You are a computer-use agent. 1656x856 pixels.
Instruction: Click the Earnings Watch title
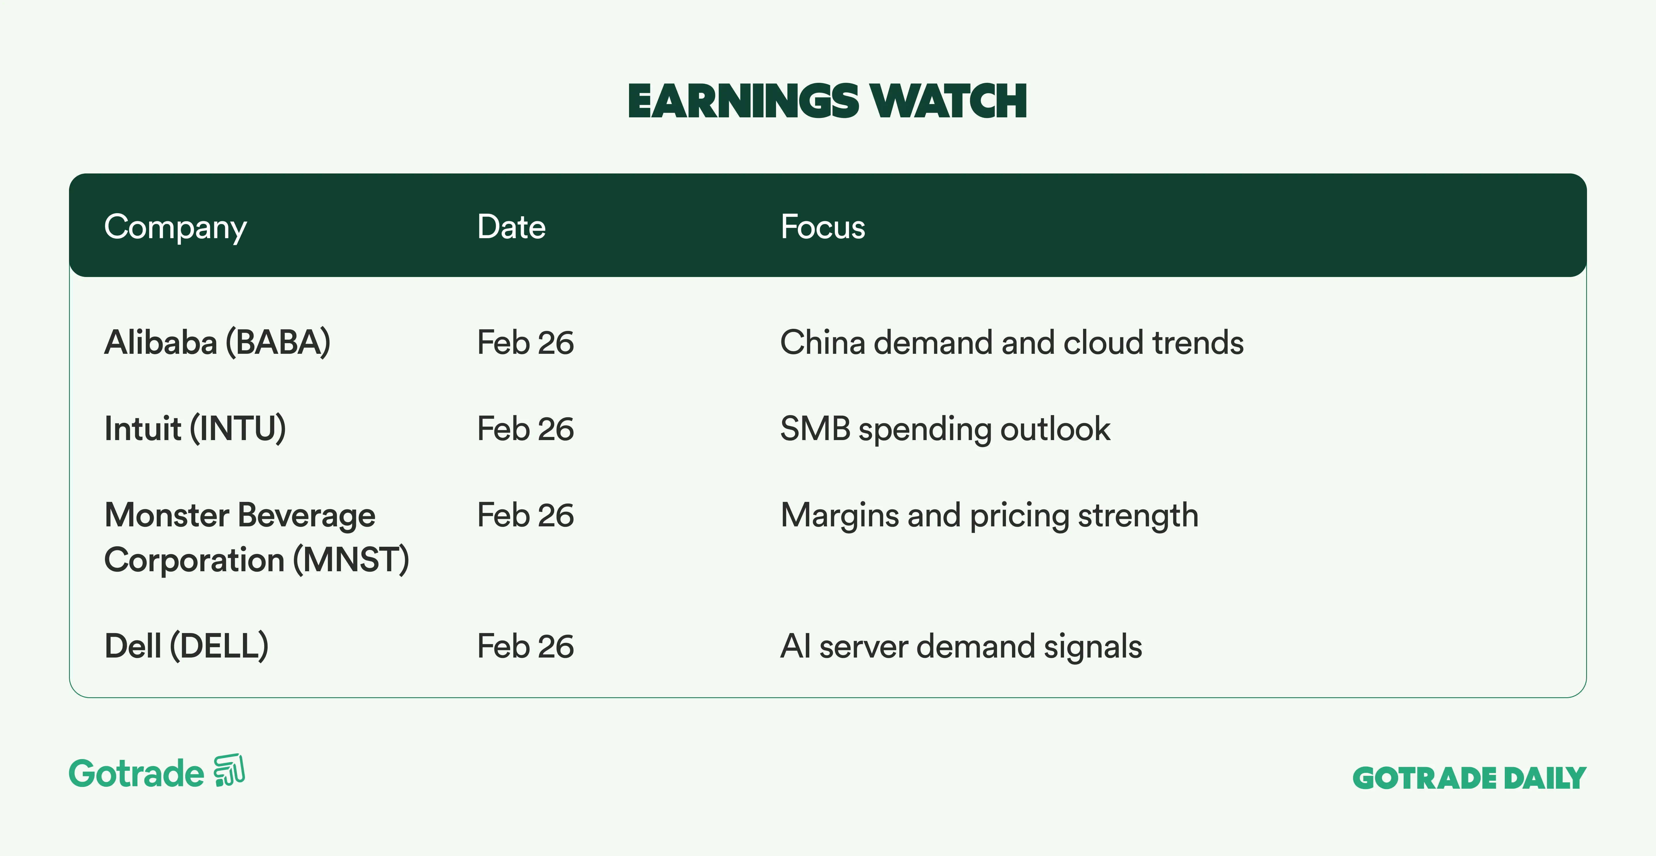click(x=827, y=102)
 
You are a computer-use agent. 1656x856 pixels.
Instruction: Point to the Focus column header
click(x=823, y=227)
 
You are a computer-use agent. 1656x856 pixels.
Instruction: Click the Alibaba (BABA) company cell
click(x=217, y=342)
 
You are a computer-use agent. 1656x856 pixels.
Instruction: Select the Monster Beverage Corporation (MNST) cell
click(x=256, y=538)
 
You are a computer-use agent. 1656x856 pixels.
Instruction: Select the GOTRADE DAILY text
click(x=1470, y=778)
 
